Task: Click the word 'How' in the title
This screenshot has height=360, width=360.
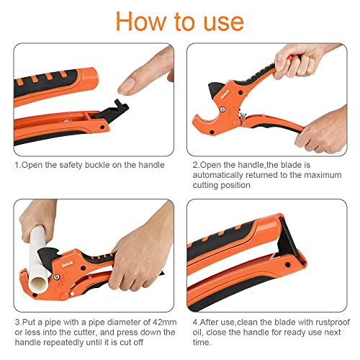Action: coord(142,21)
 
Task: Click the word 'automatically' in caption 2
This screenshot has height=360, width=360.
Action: coord(220,175)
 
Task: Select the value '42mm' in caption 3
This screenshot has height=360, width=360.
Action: coord(153,322)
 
